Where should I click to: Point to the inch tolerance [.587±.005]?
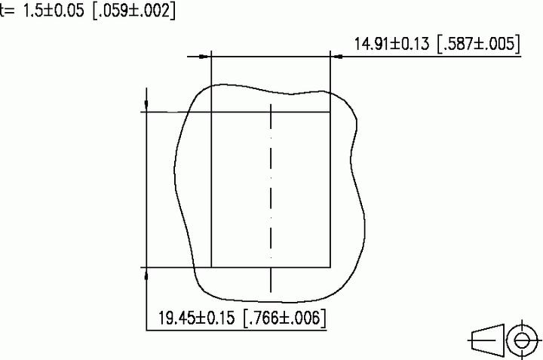tap(477, 43)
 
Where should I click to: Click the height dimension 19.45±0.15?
tap(198, 318)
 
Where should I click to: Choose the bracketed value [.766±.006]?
tap(284, 318)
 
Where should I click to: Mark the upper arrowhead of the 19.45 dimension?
tap(146, 105)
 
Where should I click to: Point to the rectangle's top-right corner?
tap(330, 112)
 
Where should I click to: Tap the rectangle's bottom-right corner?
tap(330, 267)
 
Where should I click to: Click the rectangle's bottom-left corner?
tap(211, 267)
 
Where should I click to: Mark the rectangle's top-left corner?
tap(211, 112)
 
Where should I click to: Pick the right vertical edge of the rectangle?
tap(330, 189)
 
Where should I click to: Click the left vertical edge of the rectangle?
tap(211, 189)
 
